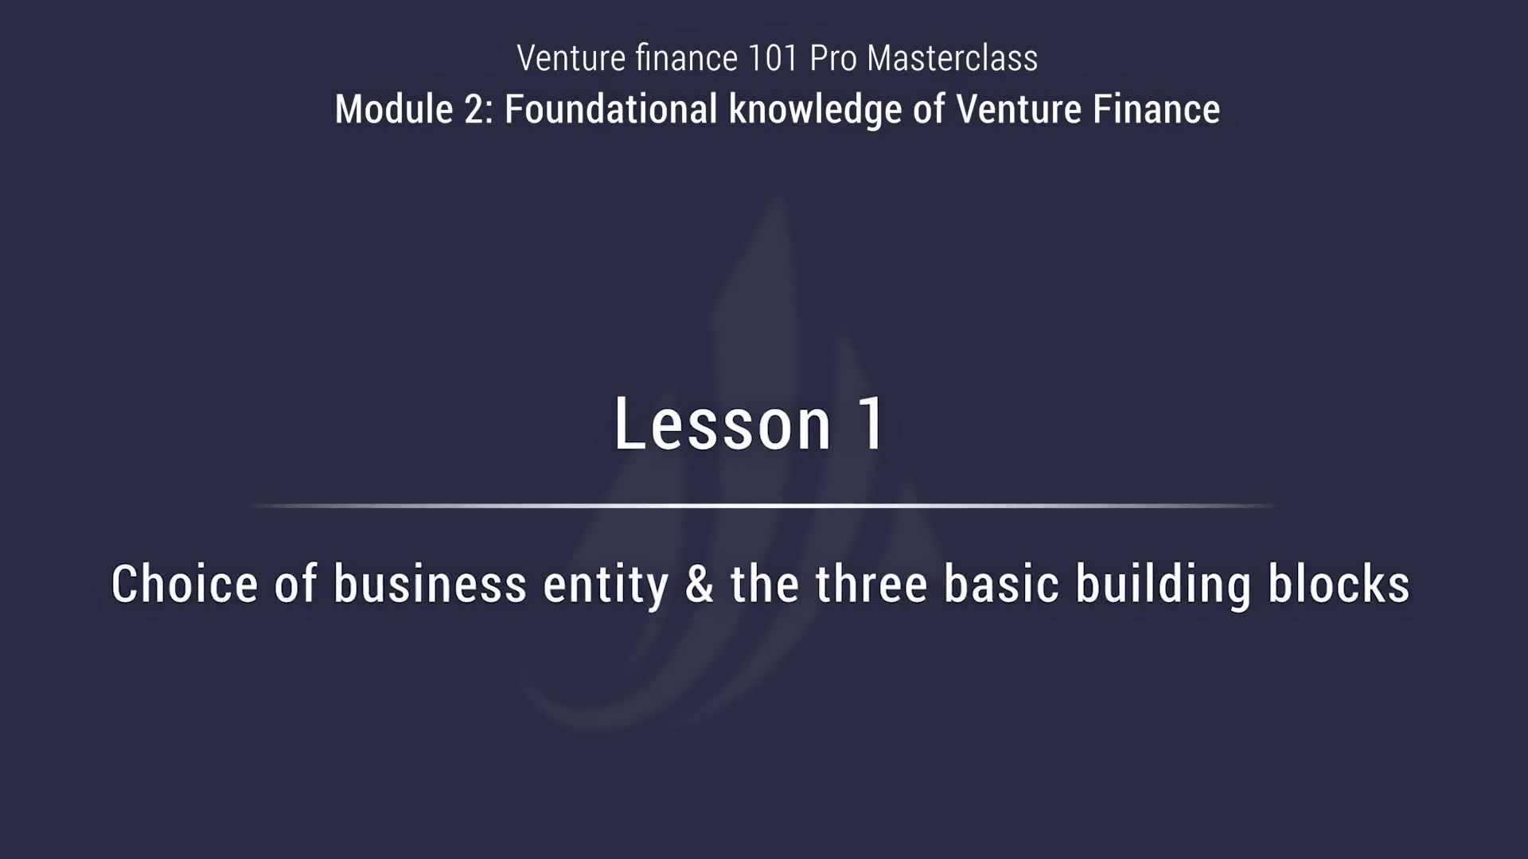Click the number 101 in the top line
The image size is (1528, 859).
(773, 58)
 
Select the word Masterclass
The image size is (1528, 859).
(953, 58)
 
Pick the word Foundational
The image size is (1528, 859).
(611, 109)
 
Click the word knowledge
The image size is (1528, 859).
(815, 110)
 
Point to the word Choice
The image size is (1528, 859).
(185, 584)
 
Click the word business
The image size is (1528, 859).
(430, 584)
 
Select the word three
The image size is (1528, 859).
(871, 584)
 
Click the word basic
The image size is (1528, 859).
(1002, 584)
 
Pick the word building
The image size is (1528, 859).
(1164, 585)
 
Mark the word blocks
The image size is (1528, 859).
(1339, 584)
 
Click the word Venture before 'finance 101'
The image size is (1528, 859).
(571, 58)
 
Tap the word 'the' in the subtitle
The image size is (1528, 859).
(765, 584)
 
